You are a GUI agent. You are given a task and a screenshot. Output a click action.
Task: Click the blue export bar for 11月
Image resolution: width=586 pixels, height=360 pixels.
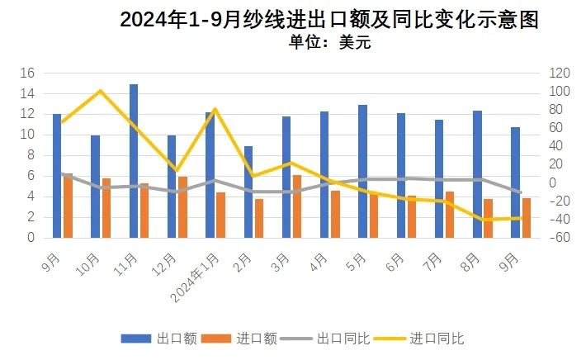(x=134, y=161)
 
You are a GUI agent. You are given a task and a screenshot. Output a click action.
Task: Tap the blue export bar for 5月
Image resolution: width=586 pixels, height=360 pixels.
(x=362, y=171)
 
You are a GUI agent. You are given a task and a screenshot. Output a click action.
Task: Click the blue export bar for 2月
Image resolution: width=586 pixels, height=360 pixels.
(x=248, y=192)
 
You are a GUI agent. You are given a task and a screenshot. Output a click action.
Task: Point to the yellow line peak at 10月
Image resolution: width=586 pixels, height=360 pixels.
(x=100, y=91)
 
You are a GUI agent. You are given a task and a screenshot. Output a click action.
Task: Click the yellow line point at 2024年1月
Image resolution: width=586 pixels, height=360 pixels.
(x=215, y=109)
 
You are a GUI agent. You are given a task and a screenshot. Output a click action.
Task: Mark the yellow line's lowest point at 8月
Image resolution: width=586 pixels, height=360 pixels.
(x=483, y=220)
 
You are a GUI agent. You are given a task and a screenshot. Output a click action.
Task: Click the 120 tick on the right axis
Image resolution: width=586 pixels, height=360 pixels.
(x=558, y=73)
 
